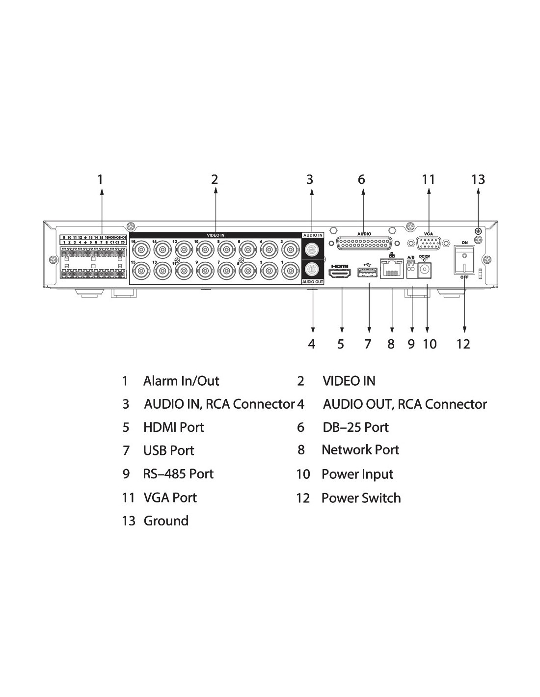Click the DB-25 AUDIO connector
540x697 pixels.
pyautogui.click(x=364, y=244)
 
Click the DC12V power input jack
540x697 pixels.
pyautogui.click(x=426, y=270)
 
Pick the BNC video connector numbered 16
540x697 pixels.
pyautogui.click(x=140, y=249)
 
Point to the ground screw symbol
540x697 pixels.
pyautogui.click(x=477, y=230)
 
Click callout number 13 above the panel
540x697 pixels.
pyautogui.click(x=478, y=179)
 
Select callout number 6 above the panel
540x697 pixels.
pyautogui.click(x=362, y=179)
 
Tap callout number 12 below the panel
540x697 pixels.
pyautogui.click(x=463, y=344)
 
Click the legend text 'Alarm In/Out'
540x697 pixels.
pyautogui.click(x=181, y=381)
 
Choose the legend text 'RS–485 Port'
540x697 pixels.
pyautogui.click(x=178, y=474)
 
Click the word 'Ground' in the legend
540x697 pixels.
pyautogui.click(x=166, y=521)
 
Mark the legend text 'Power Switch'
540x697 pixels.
pyautogui.click(x=361, y=498)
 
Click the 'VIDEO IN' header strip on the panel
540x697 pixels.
pyautogui.click(x=216, y=235)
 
